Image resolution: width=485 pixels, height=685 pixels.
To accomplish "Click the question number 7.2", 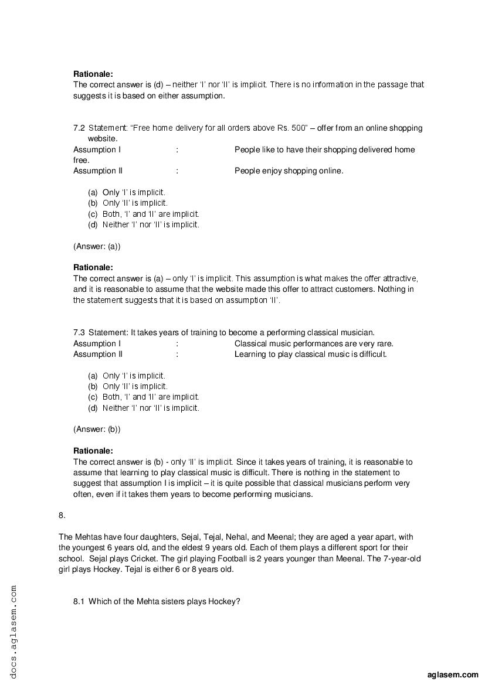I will [79, 128].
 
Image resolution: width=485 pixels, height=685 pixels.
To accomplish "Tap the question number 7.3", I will [79, 333].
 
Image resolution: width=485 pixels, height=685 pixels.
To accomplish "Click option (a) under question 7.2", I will [93, 192].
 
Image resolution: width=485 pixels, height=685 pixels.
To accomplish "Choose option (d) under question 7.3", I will [93, 408].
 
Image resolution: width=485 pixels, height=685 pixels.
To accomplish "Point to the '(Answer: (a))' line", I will [97, 246].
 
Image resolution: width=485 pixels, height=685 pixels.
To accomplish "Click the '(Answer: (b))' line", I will [97, 429].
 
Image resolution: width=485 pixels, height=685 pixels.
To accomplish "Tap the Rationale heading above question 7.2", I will [93, 74].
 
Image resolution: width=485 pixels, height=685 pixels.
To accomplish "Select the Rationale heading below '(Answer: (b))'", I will [93, 451].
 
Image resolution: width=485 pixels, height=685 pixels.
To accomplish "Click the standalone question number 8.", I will [62, 515].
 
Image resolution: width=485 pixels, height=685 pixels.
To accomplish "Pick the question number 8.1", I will [79, 602].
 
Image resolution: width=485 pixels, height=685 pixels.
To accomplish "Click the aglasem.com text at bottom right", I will [453, 674].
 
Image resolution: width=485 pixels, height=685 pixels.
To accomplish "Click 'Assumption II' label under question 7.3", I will [98, 354].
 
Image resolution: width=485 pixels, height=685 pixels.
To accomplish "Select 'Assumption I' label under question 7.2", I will [97, 149].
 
